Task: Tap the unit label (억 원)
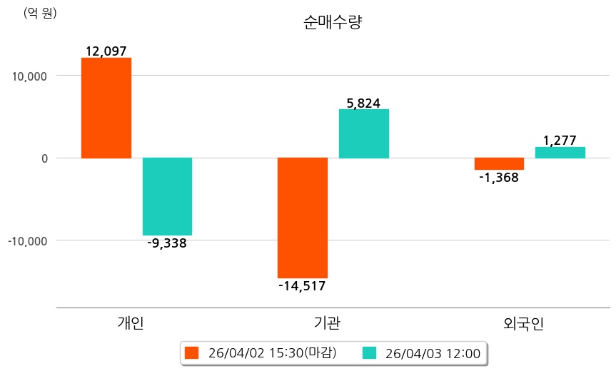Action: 40,13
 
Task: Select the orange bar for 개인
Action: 106,108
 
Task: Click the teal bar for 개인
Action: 167,196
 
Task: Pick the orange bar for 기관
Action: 303,218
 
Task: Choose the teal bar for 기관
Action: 364,133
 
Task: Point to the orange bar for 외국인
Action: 499,163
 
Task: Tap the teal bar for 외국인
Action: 560,153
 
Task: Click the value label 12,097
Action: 106,51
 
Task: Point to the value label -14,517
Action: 302,286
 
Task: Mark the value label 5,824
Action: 363,103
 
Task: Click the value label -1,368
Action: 498,178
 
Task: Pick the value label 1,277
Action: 560,141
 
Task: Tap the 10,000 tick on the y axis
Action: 29,76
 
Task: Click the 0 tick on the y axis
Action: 44,158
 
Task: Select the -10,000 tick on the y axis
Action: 27,241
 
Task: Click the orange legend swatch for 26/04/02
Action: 191,352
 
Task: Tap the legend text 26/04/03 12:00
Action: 433,352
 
